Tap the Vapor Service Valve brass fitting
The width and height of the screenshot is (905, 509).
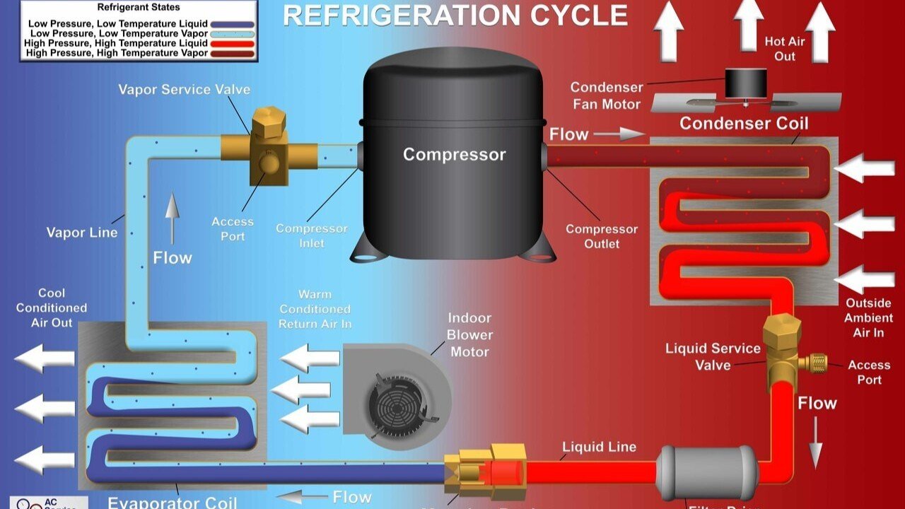click(x=269, y=145)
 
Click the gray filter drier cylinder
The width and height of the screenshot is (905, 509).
click(x=706, y=472)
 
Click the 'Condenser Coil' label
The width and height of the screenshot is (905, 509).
click(x=744, y=124)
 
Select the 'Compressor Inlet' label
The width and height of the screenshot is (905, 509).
click(x=312, y=236)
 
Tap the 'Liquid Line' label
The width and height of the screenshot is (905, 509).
click(x=599, y=447)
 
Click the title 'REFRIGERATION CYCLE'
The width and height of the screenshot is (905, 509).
click(x=455, y=16)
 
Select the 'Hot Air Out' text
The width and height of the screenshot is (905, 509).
click(x=784, y=49)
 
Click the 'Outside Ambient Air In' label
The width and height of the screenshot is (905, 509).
click(x=869, y=317)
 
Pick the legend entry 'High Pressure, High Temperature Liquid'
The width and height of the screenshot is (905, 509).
click(x=117, y=43)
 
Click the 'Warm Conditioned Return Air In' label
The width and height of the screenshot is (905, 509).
click(x=315, y=309)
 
